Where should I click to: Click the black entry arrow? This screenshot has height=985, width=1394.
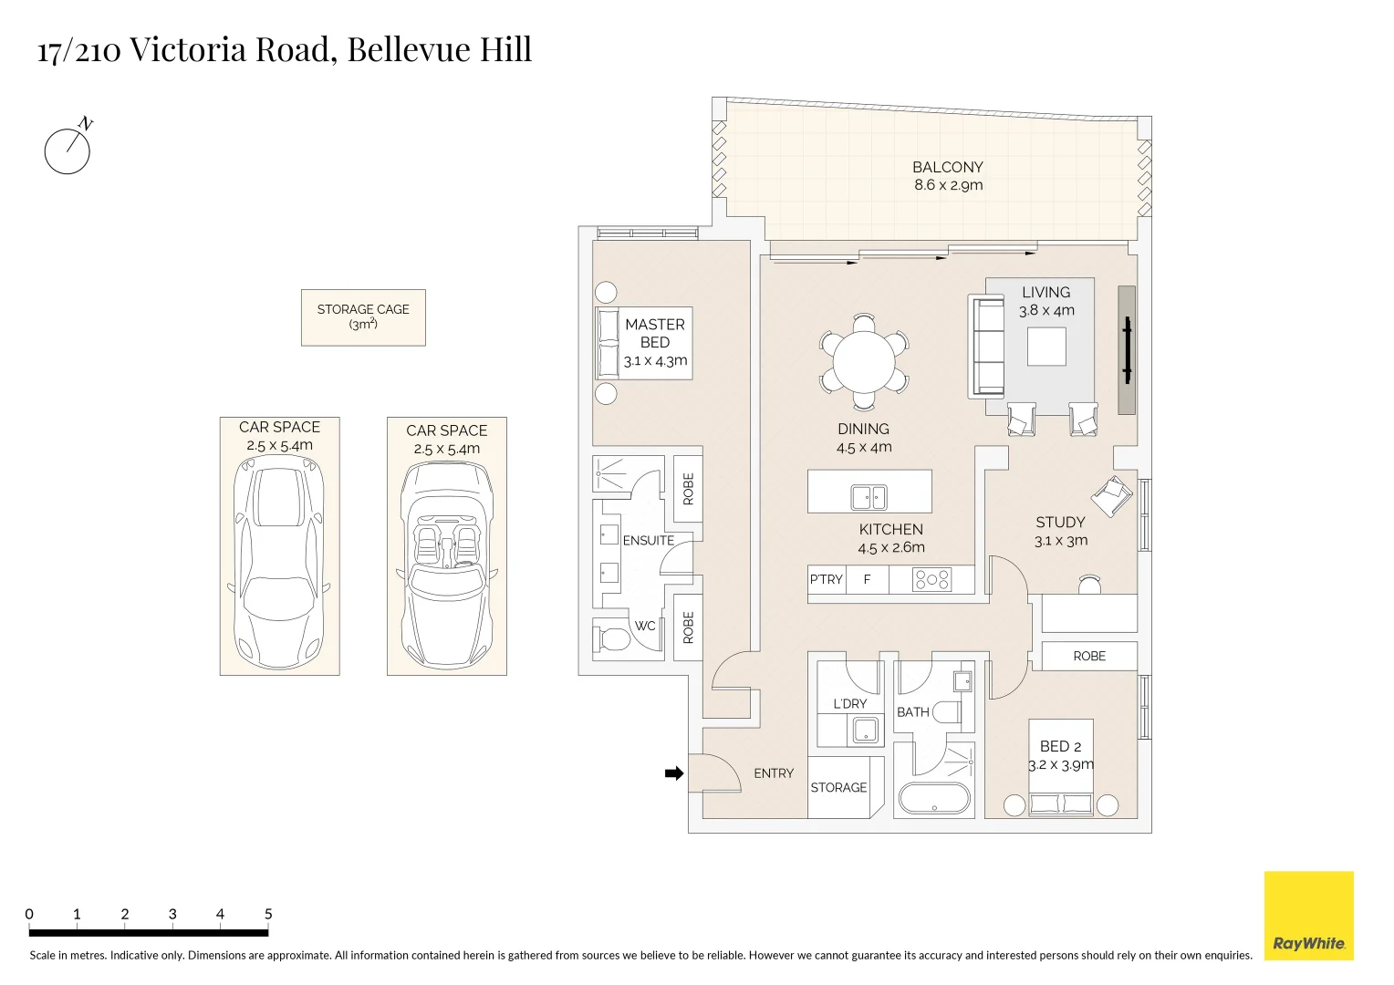674,773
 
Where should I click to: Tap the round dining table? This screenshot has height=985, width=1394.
864,362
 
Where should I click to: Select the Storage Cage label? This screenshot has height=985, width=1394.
363,316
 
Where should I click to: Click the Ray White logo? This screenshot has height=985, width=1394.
1309,916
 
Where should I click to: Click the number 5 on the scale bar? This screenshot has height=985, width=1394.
268,914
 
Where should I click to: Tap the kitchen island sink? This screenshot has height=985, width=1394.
869,497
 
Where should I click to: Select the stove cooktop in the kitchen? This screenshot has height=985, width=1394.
931,580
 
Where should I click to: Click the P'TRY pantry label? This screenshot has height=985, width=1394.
826,579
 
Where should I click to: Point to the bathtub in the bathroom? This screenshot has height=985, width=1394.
934,798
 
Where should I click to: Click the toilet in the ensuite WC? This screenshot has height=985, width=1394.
612,638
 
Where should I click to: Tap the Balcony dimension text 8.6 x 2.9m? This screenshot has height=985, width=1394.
949,185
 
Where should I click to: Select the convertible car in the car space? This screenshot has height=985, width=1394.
447,565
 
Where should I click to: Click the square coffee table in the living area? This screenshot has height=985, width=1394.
1046,346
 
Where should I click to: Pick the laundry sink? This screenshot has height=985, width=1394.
865,730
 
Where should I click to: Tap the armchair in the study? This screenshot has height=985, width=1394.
1112,496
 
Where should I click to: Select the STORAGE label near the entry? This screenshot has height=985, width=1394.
838,788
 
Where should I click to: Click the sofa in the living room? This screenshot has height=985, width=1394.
986,347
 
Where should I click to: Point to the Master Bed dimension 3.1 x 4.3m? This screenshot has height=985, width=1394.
655,361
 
